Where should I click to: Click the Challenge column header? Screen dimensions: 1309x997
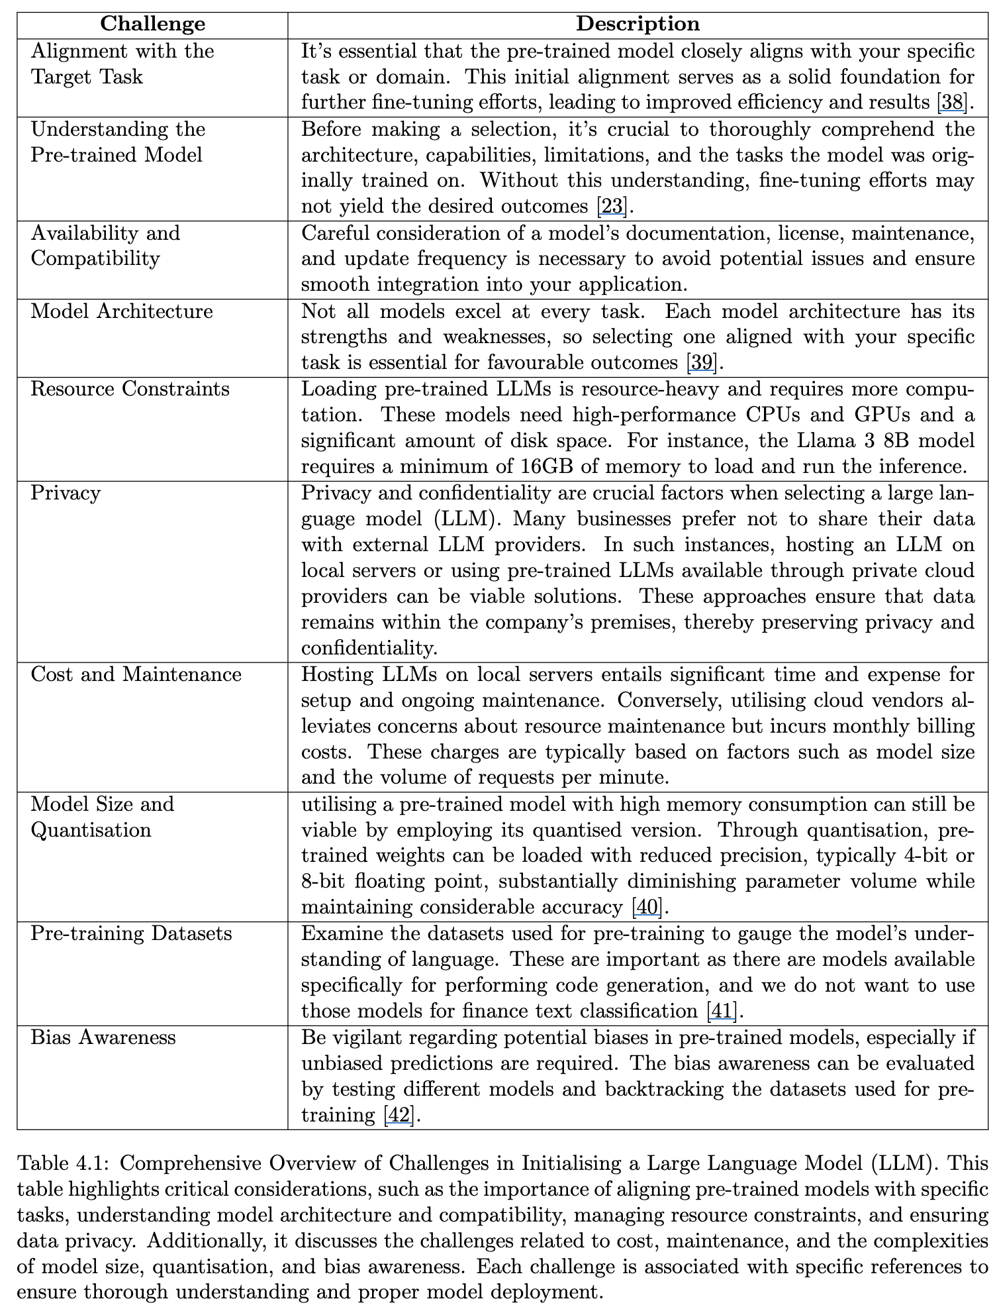tap(152, 24)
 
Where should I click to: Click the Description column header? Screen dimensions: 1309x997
tap(638, 24)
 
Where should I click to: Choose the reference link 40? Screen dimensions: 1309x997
tap(647, 907)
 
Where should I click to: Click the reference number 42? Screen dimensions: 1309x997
tap(399, 1115)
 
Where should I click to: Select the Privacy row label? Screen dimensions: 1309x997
tap(66, 493)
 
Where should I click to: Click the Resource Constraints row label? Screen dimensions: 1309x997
tap(130, 388)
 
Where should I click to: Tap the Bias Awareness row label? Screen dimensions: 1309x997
tap(103, 1037)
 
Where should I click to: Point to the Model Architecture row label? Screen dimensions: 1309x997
tap(122, 311)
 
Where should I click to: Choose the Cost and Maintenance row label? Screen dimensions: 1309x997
tap(136, 674)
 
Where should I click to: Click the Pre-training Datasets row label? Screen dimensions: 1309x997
tap(131, 933)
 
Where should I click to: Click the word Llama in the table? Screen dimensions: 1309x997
tap(810, 441)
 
